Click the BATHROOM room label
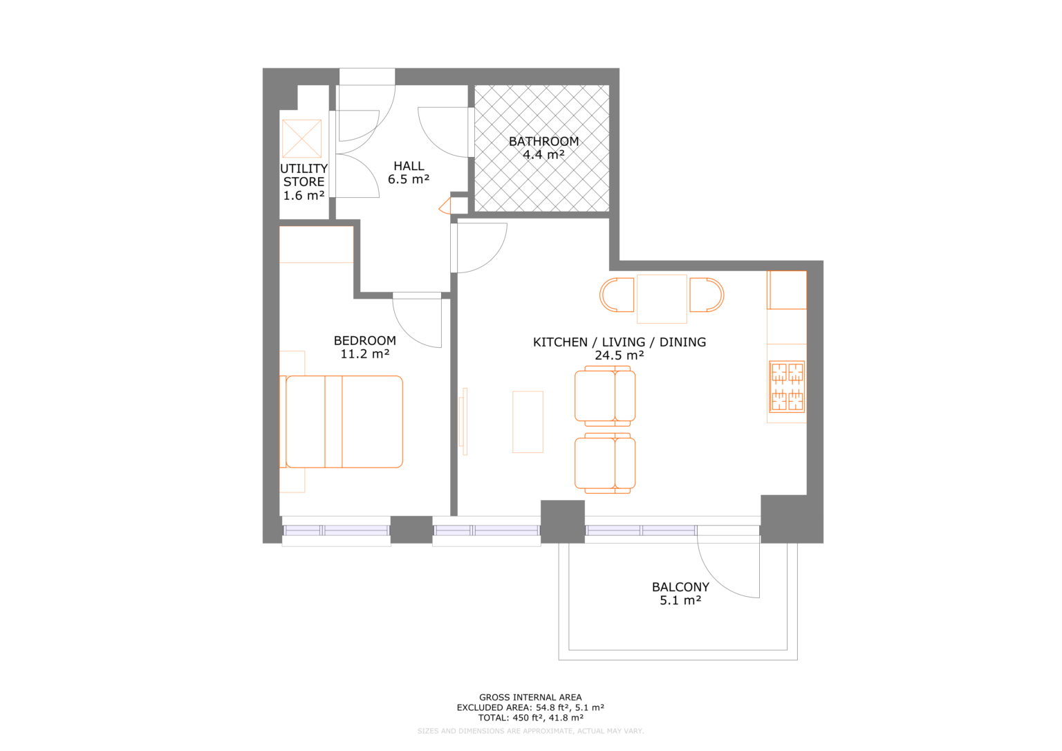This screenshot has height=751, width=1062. coord(543,141)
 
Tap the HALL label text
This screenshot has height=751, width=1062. coord(409,166)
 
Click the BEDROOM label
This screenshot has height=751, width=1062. coord(364,340)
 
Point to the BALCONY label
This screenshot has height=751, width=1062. coord(680,587)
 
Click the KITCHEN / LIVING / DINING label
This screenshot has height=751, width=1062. coord(619,342)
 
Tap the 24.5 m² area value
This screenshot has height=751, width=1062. coord(619,355)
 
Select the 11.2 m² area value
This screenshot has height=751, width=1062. coord(364,354)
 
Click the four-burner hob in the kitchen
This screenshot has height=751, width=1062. coord(788,387)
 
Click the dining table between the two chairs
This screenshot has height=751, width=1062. coord(662,299)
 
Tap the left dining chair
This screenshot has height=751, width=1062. coord(617,295)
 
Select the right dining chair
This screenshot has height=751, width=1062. coord(707,295)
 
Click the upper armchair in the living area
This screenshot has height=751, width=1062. coord(605,396)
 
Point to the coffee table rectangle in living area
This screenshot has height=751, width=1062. coord(528,422)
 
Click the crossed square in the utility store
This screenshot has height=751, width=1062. coord(302,138)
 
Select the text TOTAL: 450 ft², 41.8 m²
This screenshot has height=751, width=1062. coord(530,718)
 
